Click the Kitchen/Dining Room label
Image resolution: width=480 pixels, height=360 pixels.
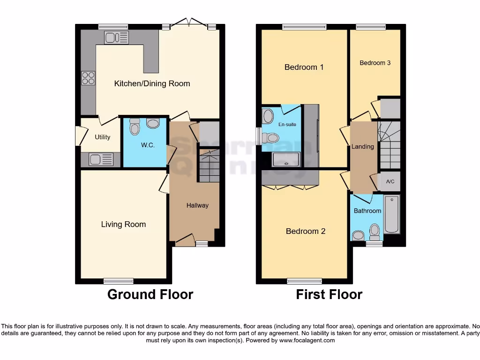[x=152, y=83]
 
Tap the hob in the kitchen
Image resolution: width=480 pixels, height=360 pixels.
[x=88, y=77]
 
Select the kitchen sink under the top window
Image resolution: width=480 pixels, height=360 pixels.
[x=116, y=37]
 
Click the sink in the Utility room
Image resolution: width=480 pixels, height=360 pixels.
[x=101, y=159]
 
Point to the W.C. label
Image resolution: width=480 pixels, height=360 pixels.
[x=148, y=145]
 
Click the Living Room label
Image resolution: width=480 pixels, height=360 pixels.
[x=123, y=224]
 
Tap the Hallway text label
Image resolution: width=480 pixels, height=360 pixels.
[x=197, y=205]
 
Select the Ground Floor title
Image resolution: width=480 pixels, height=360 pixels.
[x=150, y=294]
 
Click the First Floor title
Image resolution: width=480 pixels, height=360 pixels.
[x=329, y=294]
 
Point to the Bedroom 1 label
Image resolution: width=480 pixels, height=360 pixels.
[x=304, y=67]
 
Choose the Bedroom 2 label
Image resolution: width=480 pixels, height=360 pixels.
[x=306, y=231]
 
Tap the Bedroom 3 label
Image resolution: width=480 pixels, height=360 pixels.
[x=375, y=63]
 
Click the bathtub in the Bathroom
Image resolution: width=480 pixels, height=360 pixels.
[x=391, y=215]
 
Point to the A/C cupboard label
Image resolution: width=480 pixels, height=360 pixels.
[x=390, y=182]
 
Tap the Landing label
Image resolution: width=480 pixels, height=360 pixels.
[x=363, y=147]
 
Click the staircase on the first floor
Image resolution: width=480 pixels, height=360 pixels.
[x=389, y=145]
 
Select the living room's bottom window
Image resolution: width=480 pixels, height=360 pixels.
[x=119, y=281]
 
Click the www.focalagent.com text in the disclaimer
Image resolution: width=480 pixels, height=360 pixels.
[x=307, y=340]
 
